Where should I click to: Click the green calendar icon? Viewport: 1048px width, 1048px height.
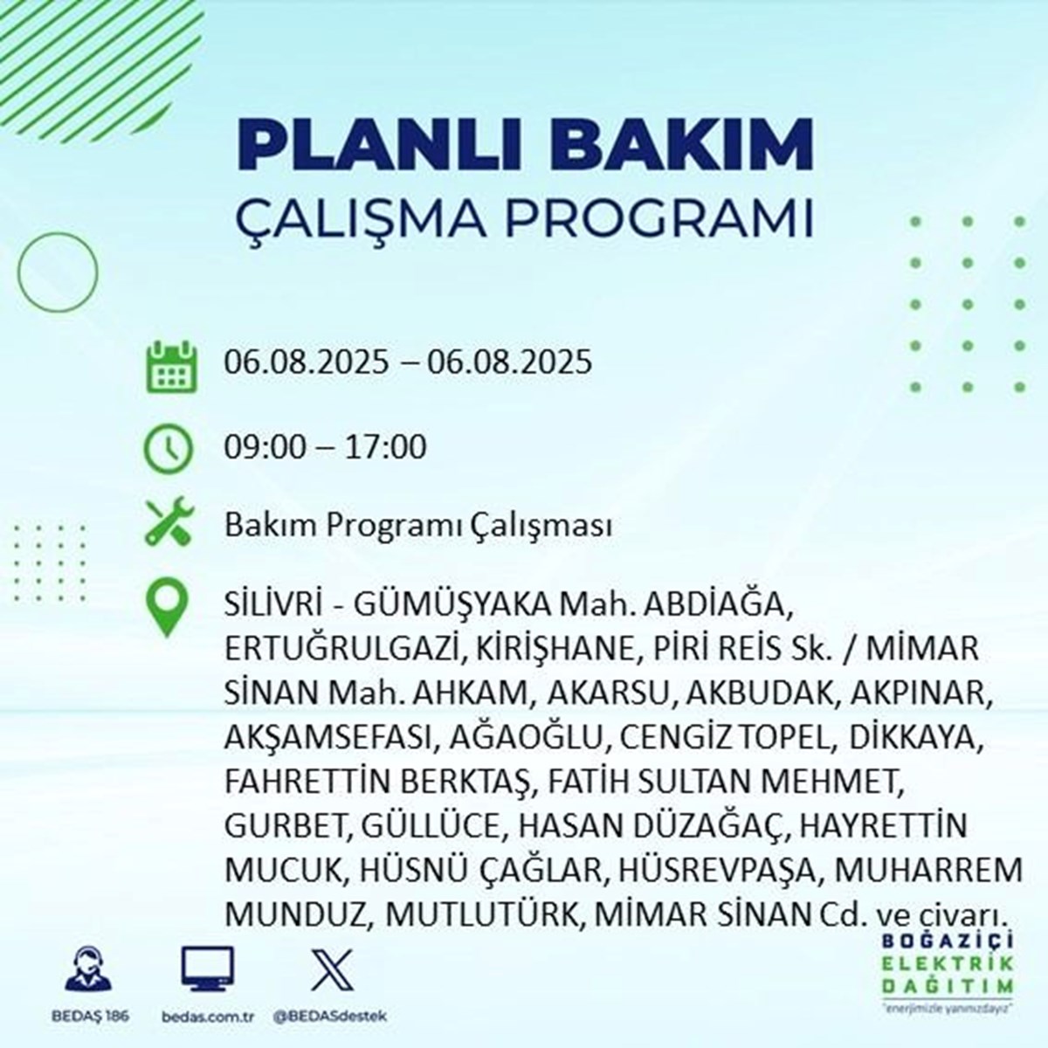coord(172,366)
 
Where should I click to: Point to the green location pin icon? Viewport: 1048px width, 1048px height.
coord(168,608)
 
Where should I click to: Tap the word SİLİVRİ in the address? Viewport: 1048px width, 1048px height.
coord(272,604)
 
